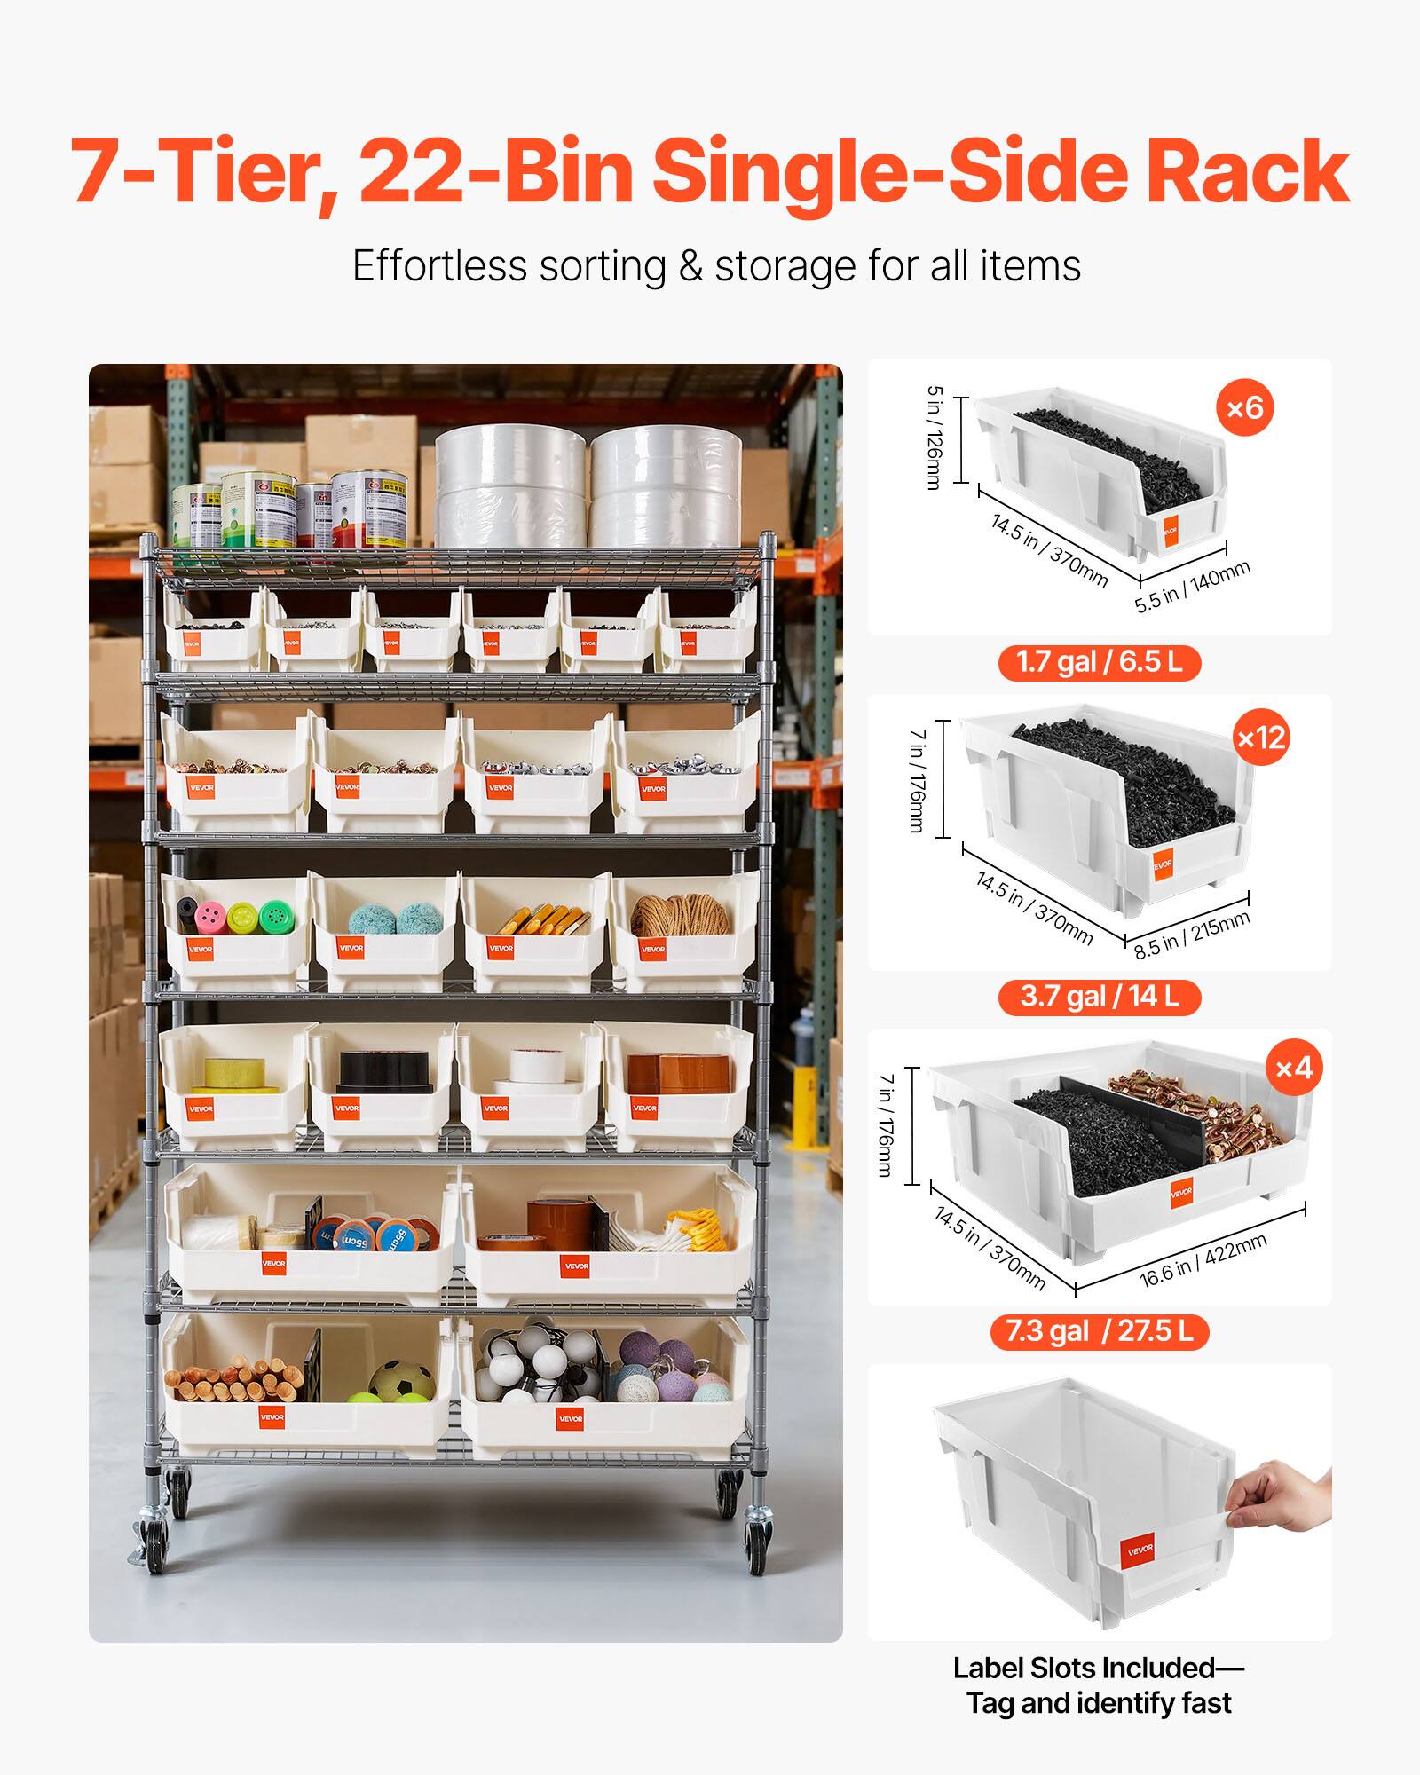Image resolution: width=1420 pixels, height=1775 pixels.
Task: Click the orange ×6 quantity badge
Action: coord(1245,407)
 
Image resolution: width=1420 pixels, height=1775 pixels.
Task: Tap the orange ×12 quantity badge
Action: coord(1260,738)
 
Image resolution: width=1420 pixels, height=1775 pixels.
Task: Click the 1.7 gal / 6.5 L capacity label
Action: coord(1099,662)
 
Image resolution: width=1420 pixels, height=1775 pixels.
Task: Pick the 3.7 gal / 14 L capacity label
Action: coord(1099,996)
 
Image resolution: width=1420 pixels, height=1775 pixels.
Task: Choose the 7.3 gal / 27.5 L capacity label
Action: coord(1099,1331)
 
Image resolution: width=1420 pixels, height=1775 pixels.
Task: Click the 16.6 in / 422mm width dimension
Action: coord(1203,1260)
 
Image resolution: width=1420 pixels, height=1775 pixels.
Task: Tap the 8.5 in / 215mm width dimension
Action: coord(1191,935)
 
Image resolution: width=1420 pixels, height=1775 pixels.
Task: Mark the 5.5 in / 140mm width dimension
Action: coord(1192,587)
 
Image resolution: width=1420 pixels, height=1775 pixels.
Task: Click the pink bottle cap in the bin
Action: coord(210,916)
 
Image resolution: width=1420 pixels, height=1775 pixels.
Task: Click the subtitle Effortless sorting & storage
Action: coord(716,266)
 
